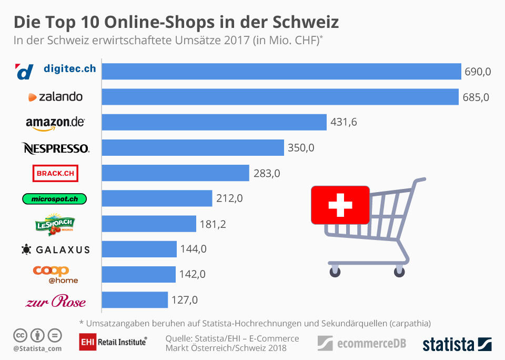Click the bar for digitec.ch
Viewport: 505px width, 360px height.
coord(281,72)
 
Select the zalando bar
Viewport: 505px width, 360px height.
coord(280,97)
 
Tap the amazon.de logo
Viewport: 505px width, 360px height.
coord(55,123)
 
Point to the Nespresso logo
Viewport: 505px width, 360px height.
coord(55,148)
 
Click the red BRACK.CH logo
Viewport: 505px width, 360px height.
coord(55,173)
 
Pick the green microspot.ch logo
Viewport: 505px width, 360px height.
coord(54,198)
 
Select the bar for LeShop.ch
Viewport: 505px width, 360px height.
coord(149,224)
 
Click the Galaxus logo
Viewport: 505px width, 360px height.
coord(55,249)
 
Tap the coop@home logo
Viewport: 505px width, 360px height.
coord(55,274)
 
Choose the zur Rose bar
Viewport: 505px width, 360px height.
coord(135,300)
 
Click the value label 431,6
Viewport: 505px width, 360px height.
coord(344,123)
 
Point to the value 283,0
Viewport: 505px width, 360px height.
coord(267,173)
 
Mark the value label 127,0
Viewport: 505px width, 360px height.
coord(185,300)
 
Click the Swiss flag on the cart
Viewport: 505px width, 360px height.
coord(340,204)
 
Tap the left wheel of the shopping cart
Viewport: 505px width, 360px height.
coord(335,271)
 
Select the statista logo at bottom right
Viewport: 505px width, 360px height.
coord(457,344)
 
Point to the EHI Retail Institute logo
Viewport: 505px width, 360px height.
coord(113,342)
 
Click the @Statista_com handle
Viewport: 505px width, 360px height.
coord(37,348)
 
